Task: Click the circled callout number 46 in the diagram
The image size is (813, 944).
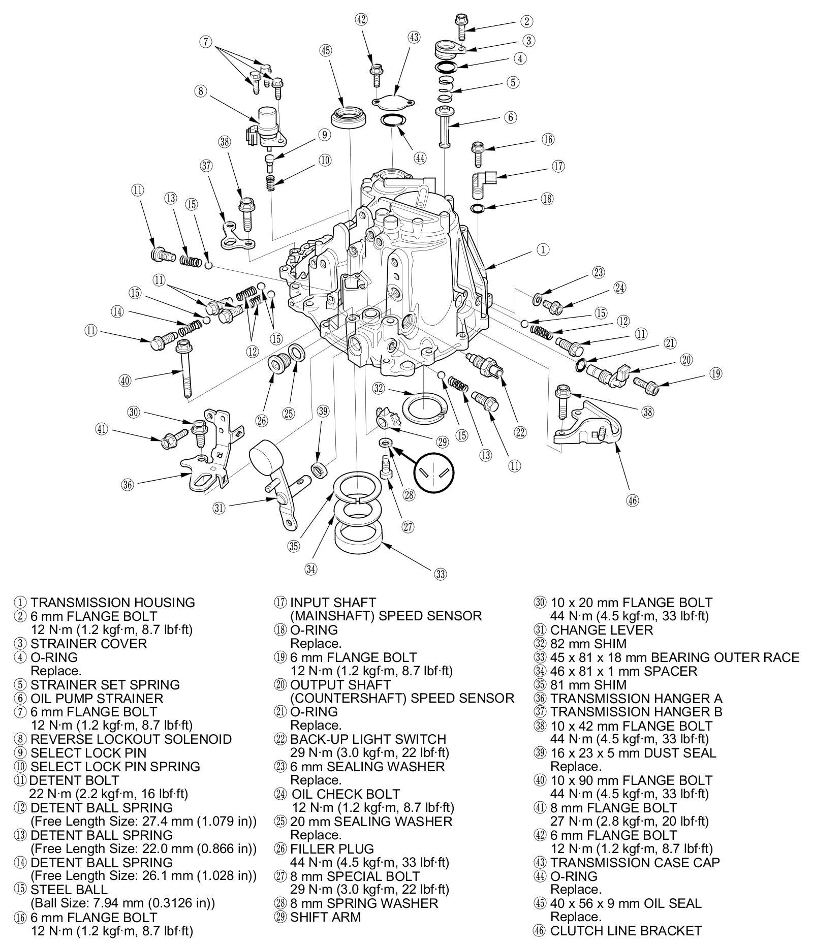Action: pyautogui.click(x=632, y=500)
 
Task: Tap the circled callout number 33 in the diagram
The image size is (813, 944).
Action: pyautogui.click(x=440, y=575)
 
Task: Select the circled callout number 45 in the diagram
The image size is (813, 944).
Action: pyautogui.click(x=325, y=50)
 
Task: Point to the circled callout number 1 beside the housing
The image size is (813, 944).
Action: pyautogui.click(x=543, y=249)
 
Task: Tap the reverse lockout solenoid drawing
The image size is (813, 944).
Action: pyautogui.click(x=266, y=127)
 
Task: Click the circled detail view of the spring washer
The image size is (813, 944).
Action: pyautogui.click(x=433, y=473)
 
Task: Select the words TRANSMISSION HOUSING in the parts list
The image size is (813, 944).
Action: pyautogui.click(x=112, y=603)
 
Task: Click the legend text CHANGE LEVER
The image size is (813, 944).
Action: pyautogui.click(x=601, y=630)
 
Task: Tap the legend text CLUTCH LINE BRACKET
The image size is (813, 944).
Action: pyautogui.click(x=626, y=931)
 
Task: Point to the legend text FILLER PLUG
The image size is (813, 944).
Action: pyautogui.click(x=332, y=849)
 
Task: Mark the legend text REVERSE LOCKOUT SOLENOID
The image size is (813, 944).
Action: pyautogui.click(x=131, y=739)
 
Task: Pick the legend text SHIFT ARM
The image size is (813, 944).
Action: pyautogui.click(x=325, y=917)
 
